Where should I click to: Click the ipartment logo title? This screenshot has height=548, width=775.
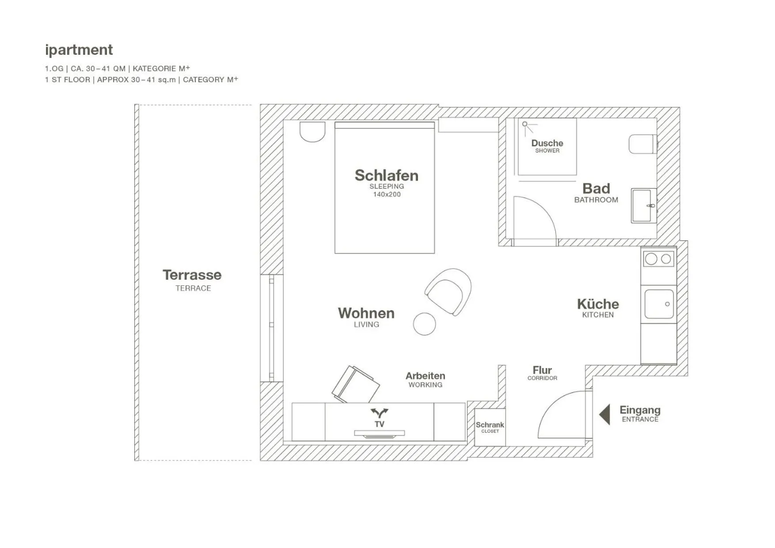[79, 50]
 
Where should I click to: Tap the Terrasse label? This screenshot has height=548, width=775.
[192, 275]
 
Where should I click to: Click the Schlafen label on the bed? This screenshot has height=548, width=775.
[386, 175]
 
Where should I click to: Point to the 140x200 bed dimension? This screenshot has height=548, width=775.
[387, 195]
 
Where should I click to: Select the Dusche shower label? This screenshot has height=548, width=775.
[547, 143]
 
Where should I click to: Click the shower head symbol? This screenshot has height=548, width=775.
[525, 124]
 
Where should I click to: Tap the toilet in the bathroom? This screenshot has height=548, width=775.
[642, 144]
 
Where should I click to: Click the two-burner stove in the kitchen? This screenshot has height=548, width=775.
[658, 259]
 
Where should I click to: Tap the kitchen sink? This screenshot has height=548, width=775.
[659, 304]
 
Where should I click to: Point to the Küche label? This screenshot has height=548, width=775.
[597, 304]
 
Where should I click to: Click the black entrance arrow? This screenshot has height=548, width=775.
[605, 414]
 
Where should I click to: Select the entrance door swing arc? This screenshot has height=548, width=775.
[559, 414]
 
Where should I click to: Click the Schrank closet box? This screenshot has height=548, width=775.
[490, 427]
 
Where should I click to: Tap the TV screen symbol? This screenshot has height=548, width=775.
[379, 433]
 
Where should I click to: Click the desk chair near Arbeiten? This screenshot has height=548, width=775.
[356, 384]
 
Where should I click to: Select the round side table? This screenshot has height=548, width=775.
[424, 324]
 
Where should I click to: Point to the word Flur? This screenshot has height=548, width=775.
[542, 370]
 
